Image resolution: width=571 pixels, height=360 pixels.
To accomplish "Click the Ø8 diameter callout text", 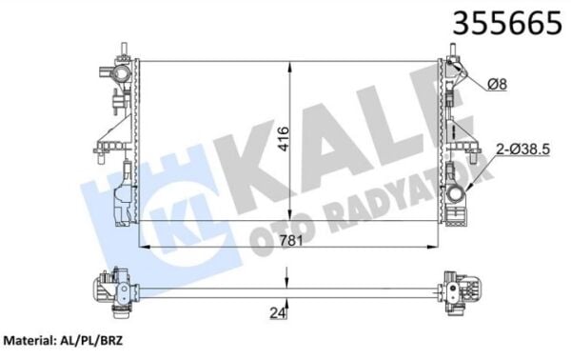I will click(x=497, y=86).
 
